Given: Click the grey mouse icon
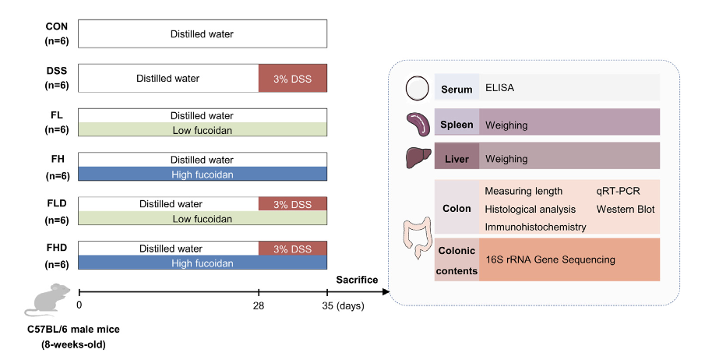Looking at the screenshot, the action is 48,300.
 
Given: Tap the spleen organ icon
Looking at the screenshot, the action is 418,124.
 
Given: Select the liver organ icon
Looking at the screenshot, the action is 418,158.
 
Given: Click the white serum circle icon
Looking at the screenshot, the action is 417,88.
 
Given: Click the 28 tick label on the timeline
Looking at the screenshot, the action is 259,305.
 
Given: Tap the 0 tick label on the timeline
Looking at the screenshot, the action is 79,305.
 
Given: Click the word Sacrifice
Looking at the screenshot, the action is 357,280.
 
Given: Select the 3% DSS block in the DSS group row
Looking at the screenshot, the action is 293,78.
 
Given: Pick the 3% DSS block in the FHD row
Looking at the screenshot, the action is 293,249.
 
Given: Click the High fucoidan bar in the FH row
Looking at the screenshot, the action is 203,174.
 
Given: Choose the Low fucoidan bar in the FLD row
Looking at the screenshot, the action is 203,218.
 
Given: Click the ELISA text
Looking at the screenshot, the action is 499,87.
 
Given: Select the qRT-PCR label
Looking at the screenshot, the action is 618,191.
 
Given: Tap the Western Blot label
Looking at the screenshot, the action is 626,210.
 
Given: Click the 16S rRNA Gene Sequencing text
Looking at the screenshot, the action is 550,259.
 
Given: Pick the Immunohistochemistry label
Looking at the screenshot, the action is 535,227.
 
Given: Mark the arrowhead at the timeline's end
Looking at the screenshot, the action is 386,291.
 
